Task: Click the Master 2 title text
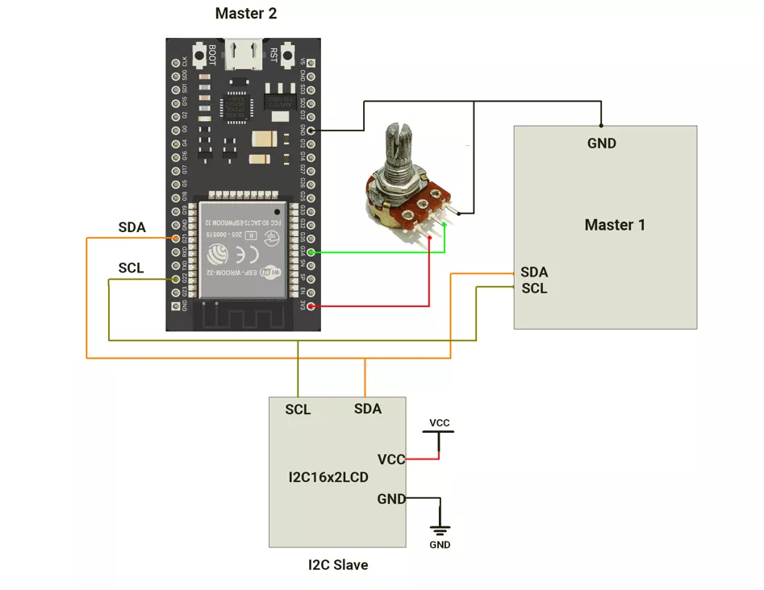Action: (246, 14)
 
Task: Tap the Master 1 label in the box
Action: (615, 225)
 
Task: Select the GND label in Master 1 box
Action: (602, 143)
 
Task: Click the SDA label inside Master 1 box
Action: (534, 272)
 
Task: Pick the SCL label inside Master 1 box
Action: (534, 289)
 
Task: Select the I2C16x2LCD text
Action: (328, 477)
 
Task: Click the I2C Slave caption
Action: (338, 565)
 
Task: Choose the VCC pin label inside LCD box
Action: (391, 459)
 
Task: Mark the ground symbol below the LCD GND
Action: (440, 530)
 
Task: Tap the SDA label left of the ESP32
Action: (132, 227)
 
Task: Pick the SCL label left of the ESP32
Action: (131, 268)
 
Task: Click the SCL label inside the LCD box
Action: (298, 409)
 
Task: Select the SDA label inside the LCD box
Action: (368, 409)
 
